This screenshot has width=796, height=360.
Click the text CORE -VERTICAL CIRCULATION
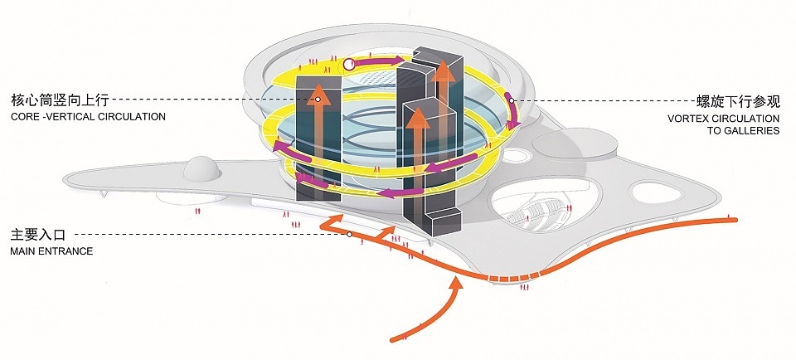[89, 117]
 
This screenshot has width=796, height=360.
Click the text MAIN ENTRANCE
[51, 251]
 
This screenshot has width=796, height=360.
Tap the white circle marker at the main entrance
[349, 235]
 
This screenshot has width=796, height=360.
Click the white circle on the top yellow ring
[349, 63]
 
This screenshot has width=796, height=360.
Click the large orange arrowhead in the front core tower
[419, 116]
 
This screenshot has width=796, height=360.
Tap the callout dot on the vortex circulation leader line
[512, 100]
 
